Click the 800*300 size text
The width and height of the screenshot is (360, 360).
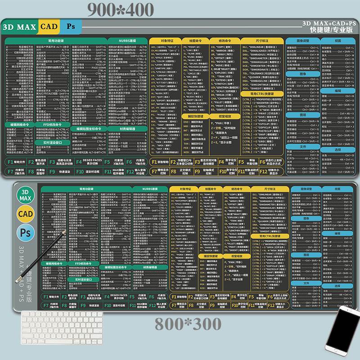188,324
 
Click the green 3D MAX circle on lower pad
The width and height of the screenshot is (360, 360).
25,195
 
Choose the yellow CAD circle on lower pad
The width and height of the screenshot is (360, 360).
25,213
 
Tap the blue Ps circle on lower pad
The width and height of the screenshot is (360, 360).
25,232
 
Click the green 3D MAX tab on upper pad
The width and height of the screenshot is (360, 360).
20,27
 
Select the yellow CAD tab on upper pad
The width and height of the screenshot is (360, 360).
49,27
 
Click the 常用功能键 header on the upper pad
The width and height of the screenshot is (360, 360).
56,40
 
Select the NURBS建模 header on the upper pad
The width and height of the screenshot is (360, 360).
127,40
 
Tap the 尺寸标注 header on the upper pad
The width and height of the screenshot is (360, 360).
261,40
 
